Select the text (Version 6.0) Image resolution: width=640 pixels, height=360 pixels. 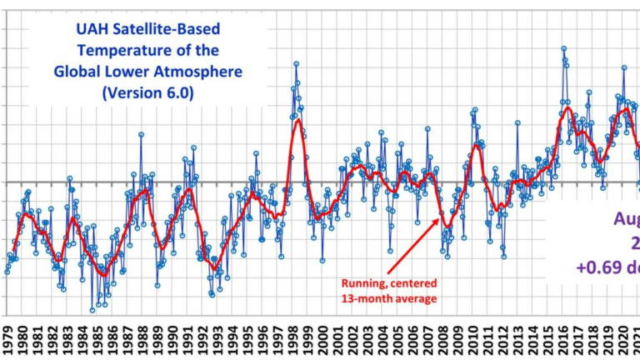[x=147, y=92]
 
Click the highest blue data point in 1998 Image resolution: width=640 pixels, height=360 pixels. [x=296, y=63]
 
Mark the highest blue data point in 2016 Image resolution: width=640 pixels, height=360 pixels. [x=563, y=49]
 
